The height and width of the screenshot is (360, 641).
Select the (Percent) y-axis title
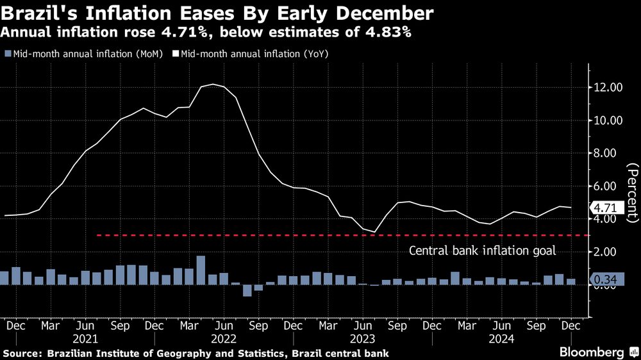coord(632,192)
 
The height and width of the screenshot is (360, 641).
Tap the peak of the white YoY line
coord(213,84)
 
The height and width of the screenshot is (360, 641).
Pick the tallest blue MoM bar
coord(201,270)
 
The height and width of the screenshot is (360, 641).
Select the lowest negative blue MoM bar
coord(247,290)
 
